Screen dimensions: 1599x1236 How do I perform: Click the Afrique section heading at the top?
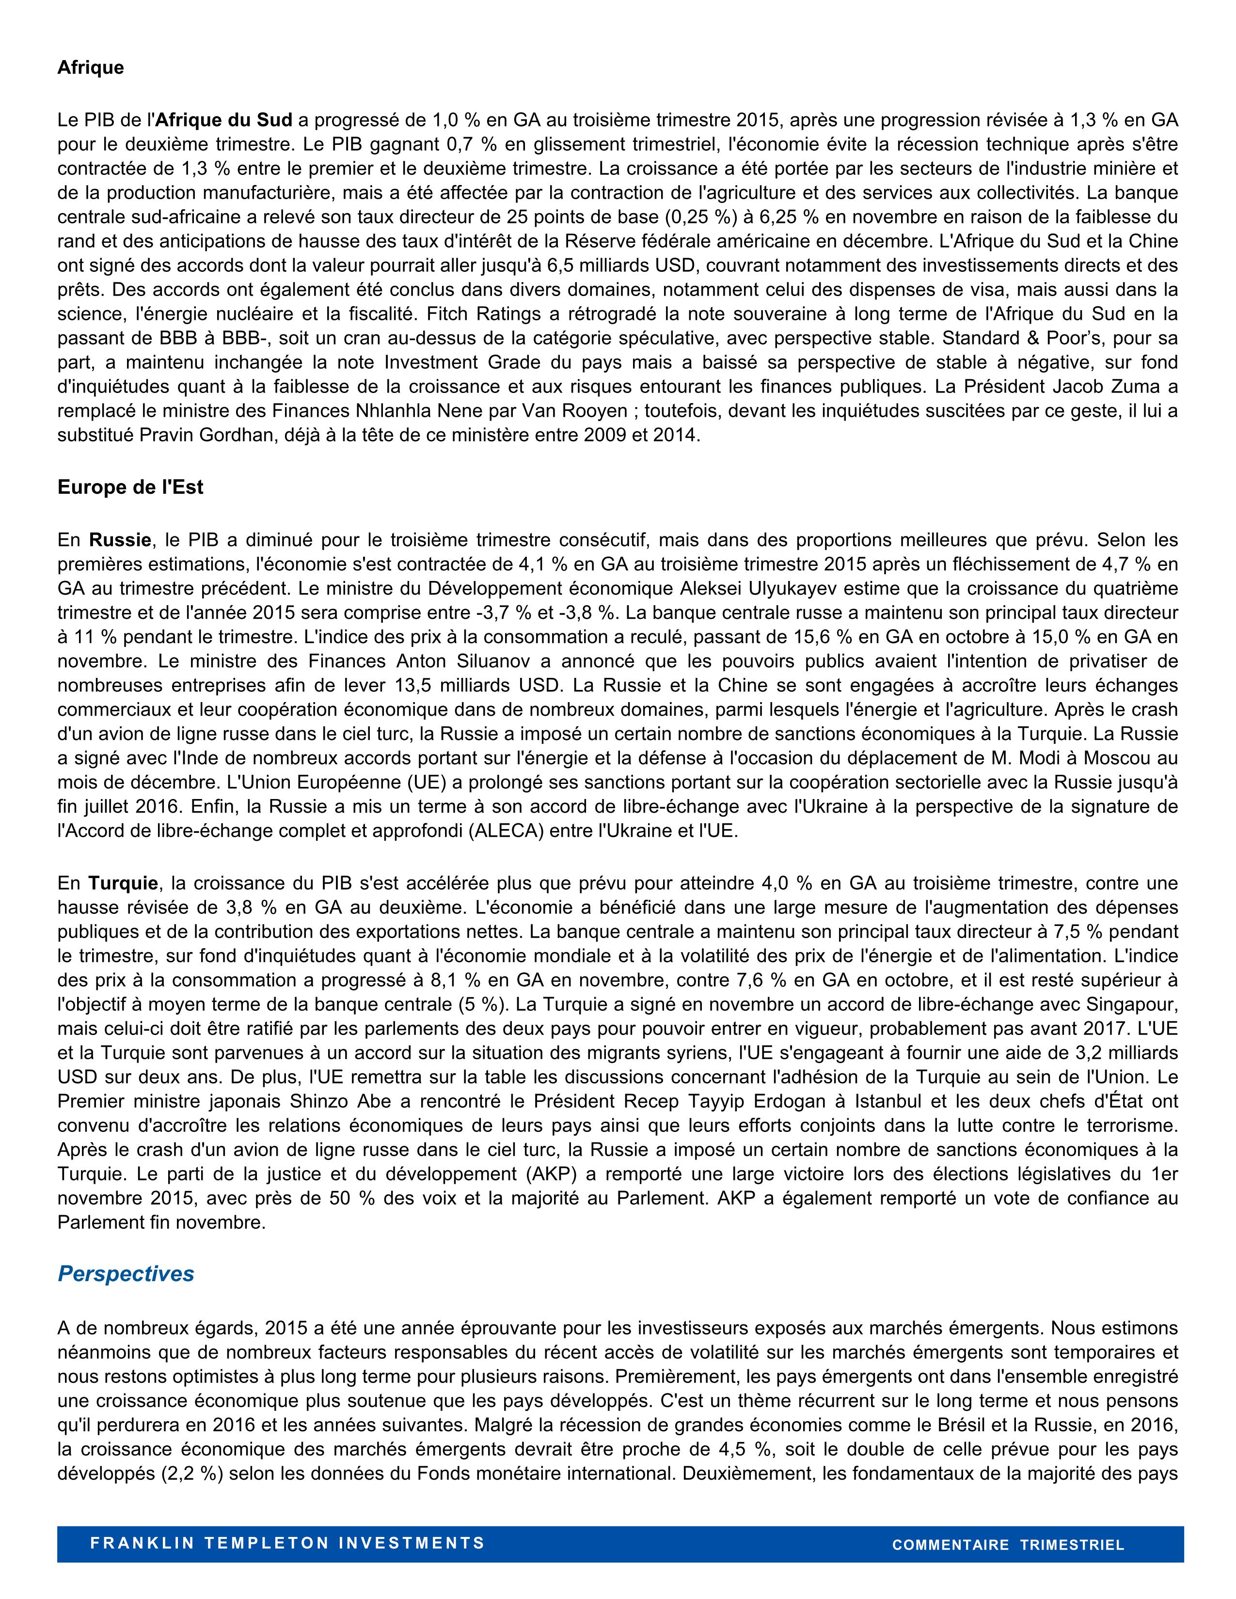click(91, 68)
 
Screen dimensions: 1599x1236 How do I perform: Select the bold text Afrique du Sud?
click(224, 121)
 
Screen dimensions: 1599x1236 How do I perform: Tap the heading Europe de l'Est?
click(130, 487)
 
